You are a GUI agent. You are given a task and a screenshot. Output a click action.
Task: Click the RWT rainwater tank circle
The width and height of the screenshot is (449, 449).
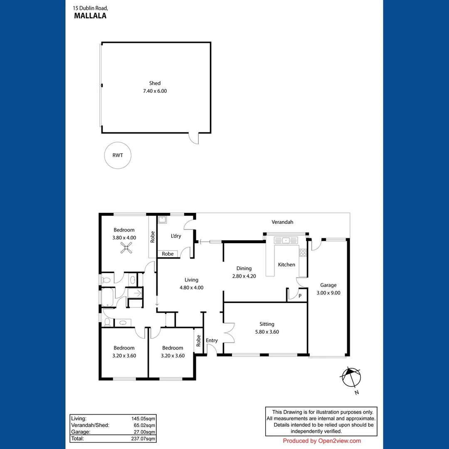point(118,155)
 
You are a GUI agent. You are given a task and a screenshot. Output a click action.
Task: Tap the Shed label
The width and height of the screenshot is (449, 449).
point(155,83)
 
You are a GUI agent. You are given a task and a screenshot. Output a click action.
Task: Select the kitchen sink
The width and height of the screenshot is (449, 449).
point(286,240)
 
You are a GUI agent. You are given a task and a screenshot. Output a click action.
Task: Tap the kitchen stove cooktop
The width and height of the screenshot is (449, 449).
point(303,253)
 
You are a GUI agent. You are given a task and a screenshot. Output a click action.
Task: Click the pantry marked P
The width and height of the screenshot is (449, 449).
point(300,296)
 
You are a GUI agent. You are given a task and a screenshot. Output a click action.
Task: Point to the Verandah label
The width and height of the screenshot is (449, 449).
point(282,222)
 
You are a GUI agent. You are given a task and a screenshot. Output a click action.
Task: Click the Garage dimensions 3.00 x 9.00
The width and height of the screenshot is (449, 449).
point(328,292)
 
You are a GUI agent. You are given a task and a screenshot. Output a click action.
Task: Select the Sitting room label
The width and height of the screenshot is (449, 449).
point(266,324)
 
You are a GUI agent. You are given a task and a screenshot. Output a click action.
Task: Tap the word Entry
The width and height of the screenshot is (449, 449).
point(212,340)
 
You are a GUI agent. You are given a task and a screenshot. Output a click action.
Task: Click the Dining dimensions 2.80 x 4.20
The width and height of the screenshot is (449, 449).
point(244,276)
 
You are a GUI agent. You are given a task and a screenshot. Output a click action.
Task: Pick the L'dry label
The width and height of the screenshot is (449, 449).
point(176,236)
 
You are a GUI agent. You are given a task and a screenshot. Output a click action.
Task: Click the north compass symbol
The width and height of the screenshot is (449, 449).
point(351,378)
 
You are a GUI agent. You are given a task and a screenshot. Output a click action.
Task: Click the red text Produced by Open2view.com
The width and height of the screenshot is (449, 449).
point(322,441)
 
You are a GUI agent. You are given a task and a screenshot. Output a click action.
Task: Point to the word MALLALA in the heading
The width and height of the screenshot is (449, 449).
point(90,16)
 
